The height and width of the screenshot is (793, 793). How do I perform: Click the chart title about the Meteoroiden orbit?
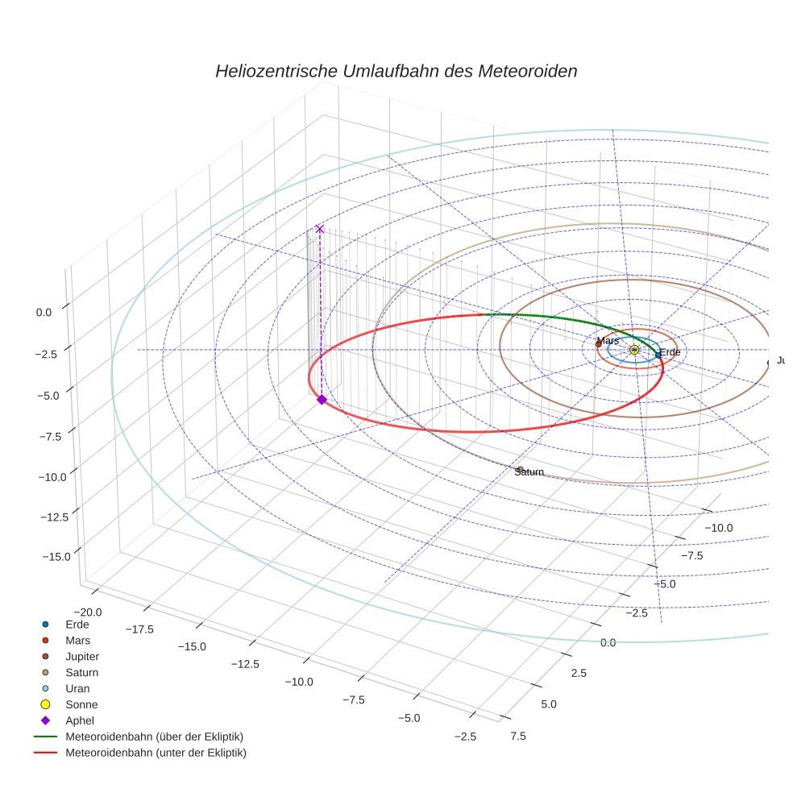[396, 71]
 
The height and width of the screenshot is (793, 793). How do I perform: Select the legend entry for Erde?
[77, 625]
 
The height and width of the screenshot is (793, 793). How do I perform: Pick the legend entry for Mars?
[77, 640]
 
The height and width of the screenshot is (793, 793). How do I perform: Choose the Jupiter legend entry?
[81, 656]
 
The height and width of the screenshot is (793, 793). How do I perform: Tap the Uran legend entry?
[77, 688]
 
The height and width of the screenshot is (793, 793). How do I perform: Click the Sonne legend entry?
[81, 704]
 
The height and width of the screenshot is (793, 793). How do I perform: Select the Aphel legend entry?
[79, 720]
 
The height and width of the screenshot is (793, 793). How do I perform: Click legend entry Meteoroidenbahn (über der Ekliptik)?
[154, 737]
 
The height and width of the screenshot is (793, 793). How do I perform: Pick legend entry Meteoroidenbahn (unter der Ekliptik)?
[156, 753]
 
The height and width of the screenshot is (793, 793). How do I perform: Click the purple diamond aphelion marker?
[322, 400]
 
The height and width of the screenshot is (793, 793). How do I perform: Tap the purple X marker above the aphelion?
[320, 229]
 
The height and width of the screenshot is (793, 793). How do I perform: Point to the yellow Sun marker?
[634, 349]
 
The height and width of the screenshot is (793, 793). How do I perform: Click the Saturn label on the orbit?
[529, 472]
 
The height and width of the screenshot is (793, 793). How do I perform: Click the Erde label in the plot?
[670, 352]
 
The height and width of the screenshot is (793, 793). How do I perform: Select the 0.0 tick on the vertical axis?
[44, 312]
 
